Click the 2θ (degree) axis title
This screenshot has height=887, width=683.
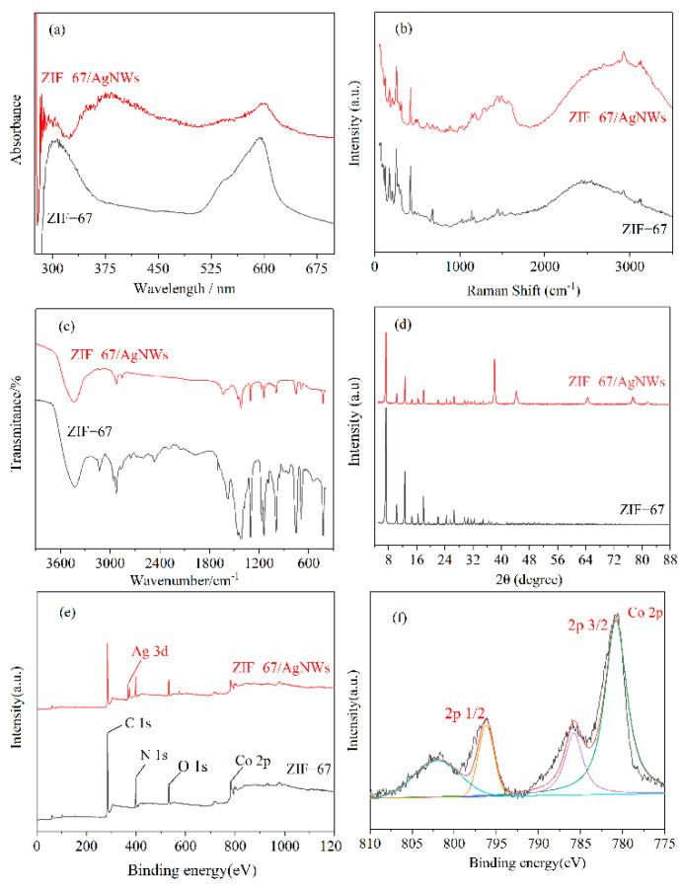pos(522,570)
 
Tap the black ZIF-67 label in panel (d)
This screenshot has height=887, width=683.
pos(641,509)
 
